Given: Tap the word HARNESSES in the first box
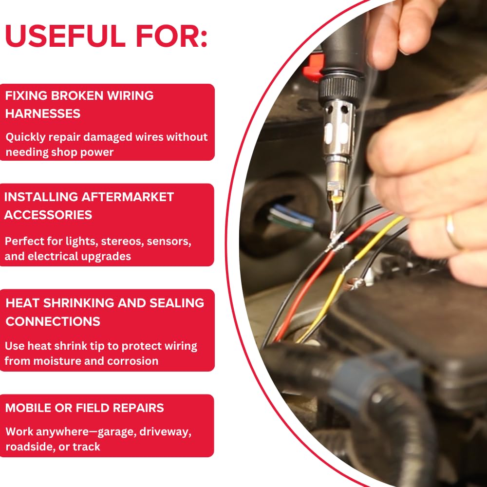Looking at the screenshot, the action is point(43,113).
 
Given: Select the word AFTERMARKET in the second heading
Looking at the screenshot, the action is point(127,197).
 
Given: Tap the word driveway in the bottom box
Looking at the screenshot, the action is point(165,432).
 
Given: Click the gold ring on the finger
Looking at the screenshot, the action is point(453,231).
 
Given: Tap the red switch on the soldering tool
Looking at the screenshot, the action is point(313,67).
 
